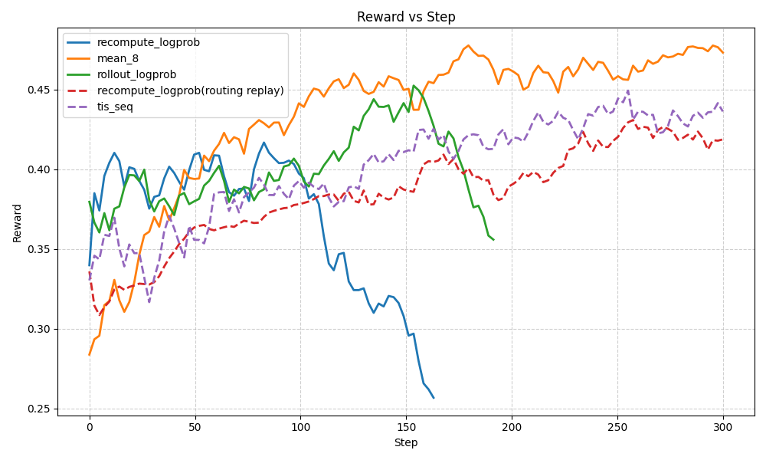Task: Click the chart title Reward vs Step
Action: pos(406,17)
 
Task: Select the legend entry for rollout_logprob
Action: pos(136,74)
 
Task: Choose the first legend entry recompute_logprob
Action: pos(148,42)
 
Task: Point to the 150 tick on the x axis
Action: pos(406,427)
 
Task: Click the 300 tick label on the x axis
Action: pos(722,427)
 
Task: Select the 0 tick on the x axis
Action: pos(90,427)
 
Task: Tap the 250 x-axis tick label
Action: pos(617,427)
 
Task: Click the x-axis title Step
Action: pos(406,443)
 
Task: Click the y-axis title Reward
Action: pos(17,222)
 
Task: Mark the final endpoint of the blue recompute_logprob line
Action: pos(434,398)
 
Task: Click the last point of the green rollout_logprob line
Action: pos(493,240)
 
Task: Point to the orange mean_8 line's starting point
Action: pos(90,355)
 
